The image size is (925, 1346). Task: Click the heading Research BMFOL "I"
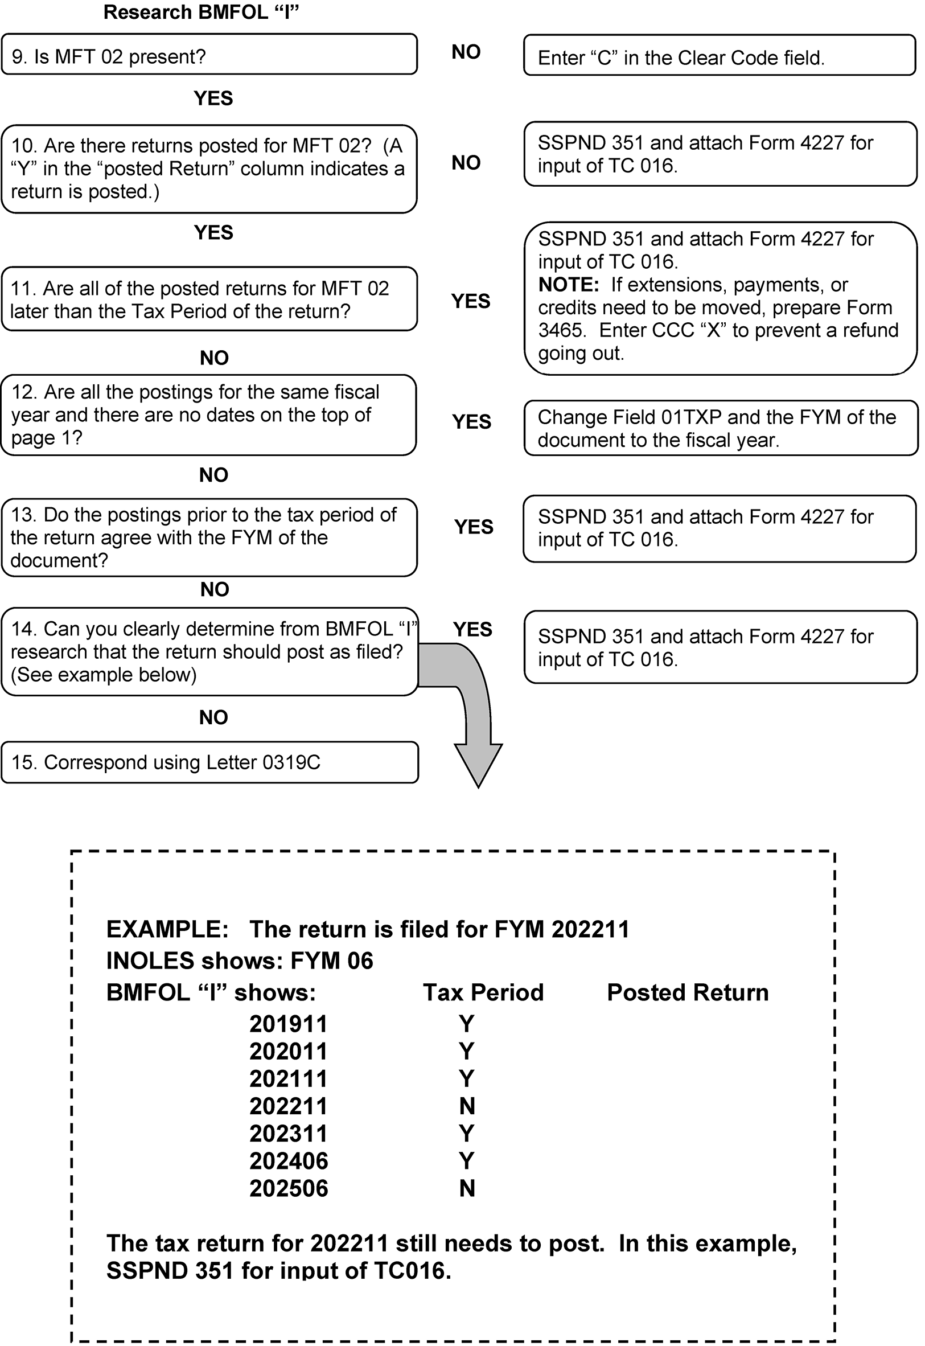tap(200, 12)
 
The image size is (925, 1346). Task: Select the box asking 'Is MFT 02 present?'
tap(209, 55)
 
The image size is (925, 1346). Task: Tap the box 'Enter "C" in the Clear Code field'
tap(720, 56)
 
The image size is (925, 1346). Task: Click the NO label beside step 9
tap(466, 52)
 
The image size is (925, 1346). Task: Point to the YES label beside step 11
tap(471, 301)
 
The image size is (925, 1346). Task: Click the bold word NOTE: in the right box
tap(568, 285)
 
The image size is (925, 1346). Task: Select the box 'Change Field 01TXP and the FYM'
tap(721, 428)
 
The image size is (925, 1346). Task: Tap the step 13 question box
tap(209, 537)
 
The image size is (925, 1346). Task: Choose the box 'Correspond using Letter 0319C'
tap(209, 762)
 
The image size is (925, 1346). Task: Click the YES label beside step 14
tap(472, 629)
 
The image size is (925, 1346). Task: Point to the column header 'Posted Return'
tap(688, 992)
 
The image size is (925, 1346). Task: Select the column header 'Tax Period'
tap(483, 992)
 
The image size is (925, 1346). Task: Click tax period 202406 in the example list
tap(289, 1160)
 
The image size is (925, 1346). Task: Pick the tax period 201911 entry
tap(289, 1024)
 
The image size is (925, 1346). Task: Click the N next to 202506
tap(467, 1188)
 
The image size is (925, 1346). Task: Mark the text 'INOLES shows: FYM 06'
tap(240, 961)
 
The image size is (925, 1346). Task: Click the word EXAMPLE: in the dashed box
tap(167, 929)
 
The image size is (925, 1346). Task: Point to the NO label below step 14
tap(213, 717)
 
